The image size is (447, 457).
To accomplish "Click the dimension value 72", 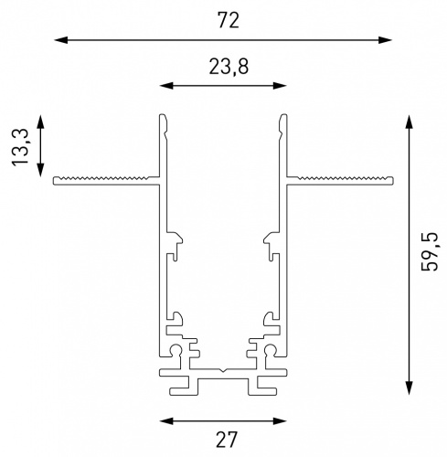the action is [229, 20].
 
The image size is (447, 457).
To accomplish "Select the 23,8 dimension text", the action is [229, 67].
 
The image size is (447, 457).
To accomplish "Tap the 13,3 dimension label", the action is [20, 147].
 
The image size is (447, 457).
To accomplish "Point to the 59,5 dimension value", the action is [429, 251].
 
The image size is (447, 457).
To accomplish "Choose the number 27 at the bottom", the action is [226, 440].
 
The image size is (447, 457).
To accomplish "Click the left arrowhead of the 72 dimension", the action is [61, 40].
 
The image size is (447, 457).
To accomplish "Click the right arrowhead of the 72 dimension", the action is [385, 40].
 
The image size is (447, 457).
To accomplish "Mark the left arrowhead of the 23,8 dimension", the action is [166, 86].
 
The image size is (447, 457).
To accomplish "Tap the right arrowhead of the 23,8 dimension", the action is [280, 86].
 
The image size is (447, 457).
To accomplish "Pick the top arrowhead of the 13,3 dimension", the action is [40, 122].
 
